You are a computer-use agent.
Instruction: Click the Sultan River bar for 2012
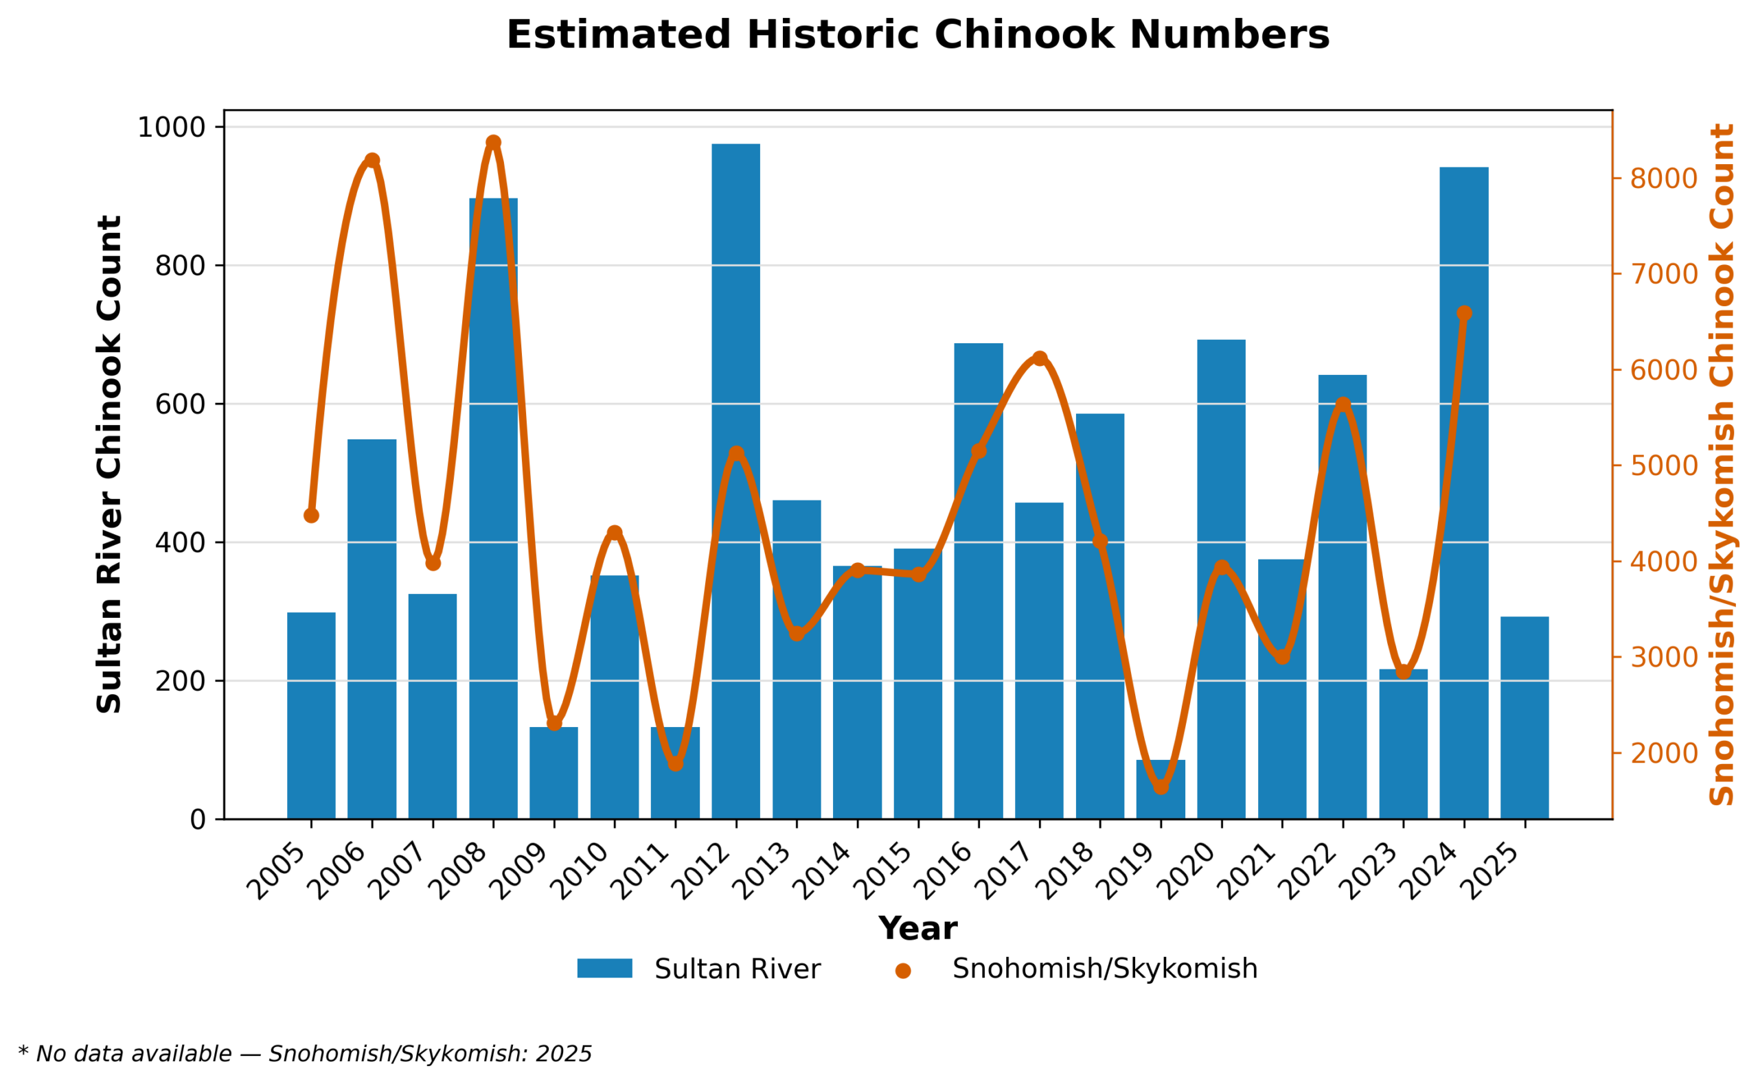(x=735, y=481)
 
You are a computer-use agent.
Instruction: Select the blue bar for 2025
(x=1525, y=717)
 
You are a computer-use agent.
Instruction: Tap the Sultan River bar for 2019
(x=1161, y=789)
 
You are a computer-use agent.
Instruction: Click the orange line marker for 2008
(x=493, y=143)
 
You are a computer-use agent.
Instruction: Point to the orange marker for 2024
(x=1464, y=313)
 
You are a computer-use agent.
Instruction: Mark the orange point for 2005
(x=311, y=516)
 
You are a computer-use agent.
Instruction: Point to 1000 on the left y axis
(x=172, y=128)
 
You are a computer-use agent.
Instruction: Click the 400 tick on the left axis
(x=180, y=543)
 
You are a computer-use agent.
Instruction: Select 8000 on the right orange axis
(x=1663, y=178)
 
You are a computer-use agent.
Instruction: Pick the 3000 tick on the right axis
(x=1663, y=658)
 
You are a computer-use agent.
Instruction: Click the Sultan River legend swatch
(x=604, y=969)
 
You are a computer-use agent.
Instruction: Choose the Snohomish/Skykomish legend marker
(x=902, y=971)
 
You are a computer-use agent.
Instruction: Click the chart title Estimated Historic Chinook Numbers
(x=917, y=35)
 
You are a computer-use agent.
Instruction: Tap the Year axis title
(x=917, y=929)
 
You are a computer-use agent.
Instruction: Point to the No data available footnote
(x=305, y=1054)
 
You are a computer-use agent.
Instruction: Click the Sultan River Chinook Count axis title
(x=110, y=464)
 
